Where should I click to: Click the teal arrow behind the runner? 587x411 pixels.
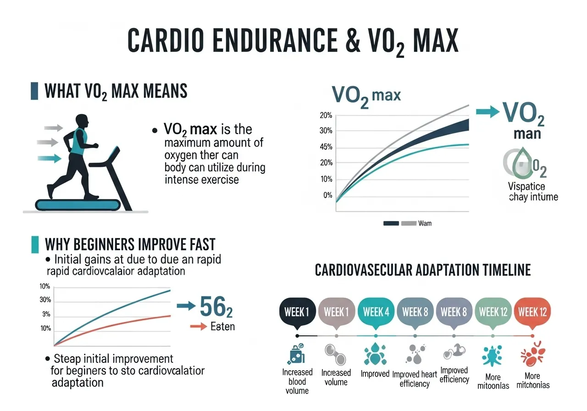click(x=51, y=158)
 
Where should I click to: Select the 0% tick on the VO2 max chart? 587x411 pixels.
click(x=327, y=195)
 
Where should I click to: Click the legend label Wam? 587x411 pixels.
click(x=425, y=223)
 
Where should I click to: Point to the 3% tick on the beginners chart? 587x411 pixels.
click(x=46, y=314)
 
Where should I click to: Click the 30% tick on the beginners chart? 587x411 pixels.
click(x=45, y=300)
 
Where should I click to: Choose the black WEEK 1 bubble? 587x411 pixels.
click(x=297, y=312)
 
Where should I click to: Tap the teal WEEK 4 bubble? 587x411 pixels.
click(x=376, y=312)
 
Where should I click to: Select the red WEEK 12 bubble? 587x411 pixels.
click(x=532, y=312)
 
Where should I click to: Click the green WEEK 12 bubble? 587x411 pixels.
click(x=493, y=312)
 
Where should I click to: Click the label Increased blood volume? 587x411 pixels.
click(x=297, y=381)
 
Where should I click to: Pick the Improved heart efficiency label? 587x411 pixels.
click(x=415, y=379)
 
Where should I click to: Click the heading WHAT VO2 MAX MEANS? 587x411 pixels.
click(x=116, y=91)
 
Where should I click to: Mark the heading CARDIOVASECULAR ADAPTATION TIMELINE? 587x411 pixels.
click(x=422, y=270)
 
